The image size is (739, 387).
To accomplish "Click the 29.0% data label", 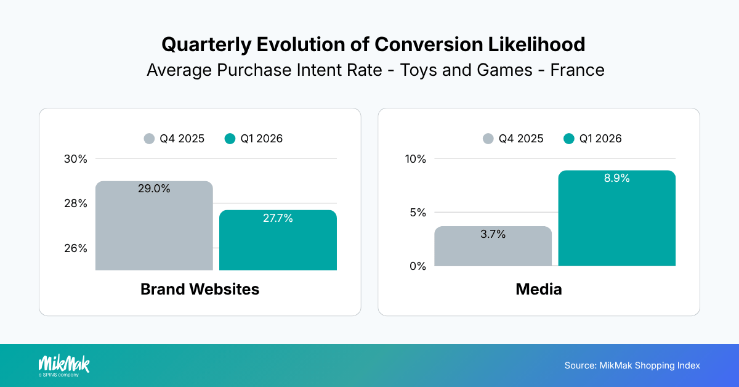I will click(154, 189).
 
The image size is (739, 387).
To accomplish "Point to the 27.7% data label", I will click(278, 218).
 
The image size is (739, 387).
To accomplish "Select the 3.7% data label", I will click(493, 234).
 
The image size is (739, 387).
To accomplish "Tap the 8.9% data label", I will click(616, 178).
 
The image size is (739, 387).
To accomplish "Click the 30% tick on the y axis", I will click(76, 159).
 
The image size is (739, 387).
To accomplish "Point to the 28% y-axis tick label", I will click(76, 203).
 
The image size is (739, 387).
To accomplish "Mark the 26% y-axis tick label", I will click(76, 248).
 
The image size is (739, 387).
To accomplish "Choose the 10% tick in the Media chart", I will click(414, 159).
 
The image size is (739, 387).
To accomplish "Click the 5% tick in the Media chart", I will click(418, 213).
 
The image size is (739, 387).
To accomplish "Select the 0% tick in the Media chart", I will click(418, 266).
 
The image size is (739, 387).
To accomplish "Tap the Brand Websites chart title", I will click(200, 289).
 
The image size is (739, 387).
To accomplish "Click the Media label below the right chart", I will click(538, 289).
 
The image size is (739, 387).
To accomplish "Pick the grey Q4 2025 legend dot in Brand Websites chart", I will click(149, 139).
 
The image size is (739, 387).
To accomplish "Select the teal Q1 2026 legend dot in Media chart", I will click(569, 139).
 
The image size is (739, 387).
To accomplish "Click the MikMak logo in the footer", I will click(64, 365).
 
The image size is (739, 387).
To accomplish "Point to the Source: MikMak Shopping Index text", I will click(632, 365).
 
